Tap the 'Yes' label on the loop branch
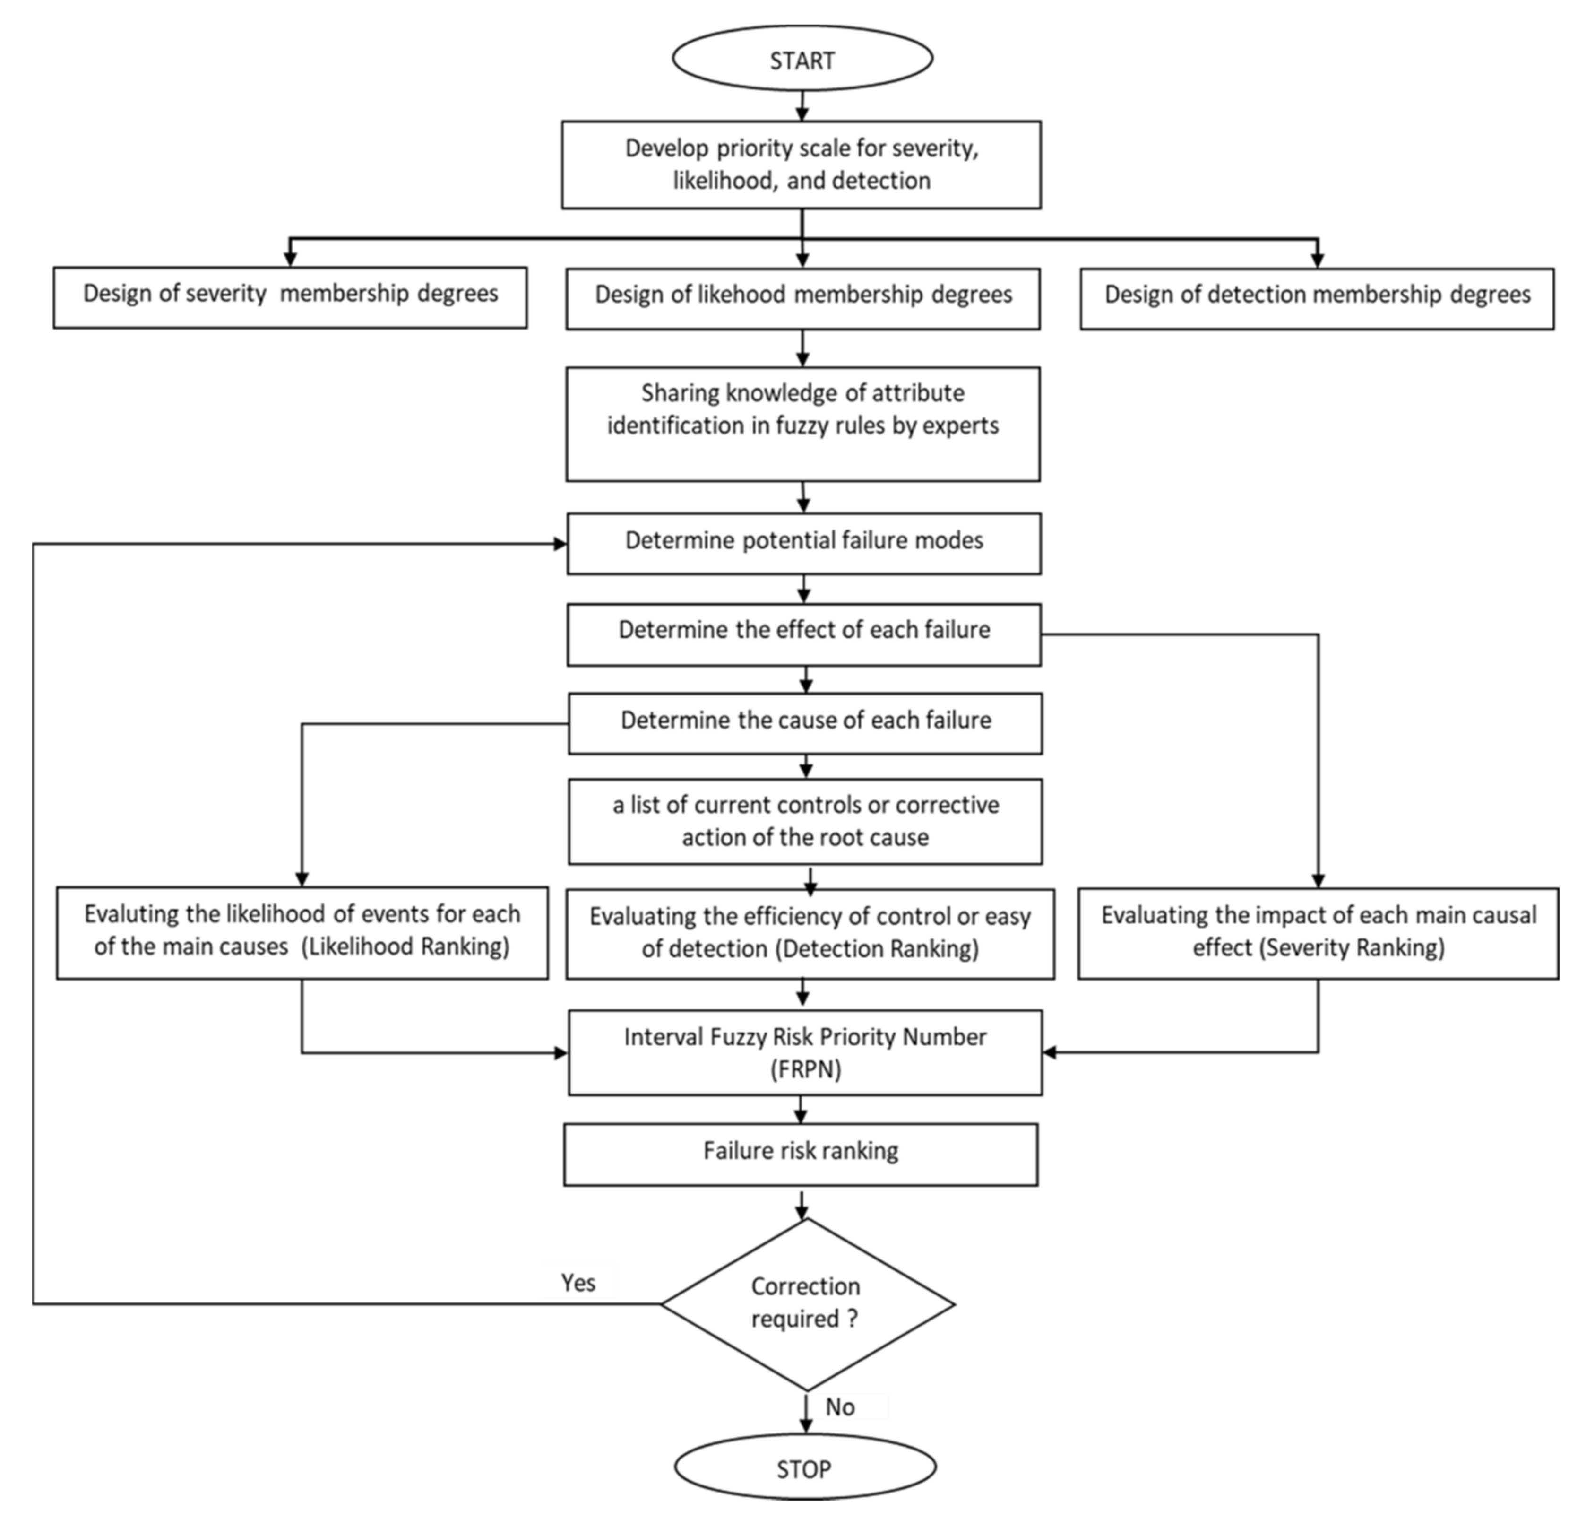(578, 1283)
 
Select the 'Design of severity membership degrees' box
(290, 297)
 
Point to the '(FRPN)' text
(805, 1070)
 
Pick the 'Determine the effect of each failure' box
(803, 634)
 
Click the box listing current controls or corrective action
(805, 822)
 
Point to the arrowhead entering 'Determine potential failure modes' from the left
(560, 544)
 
